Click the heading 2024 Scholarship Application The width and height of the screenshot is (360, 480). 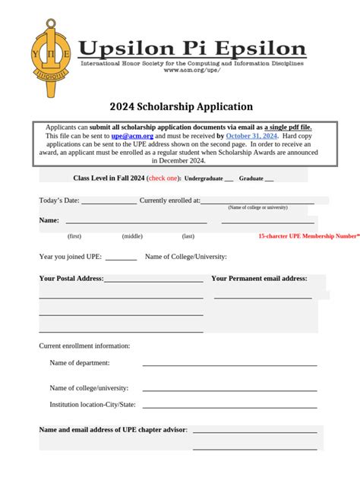(179, 107)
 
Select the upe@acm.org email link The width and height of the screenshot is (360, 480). (132, 136)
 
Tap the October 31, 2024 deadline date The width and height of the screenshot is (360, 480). (251, 136)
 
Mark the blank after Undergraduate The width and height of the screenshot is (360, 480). (229, 179)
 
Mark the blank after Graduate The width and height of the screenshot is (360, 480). (269, 179)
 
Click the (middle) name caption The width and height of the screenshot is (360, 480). (132, 236)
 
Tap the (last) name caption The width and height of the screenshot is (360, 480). (188, 236)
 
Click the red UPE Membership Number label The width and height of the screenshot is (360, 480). (308, 236)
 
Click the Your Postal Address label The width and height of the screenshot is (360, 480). (71, 279)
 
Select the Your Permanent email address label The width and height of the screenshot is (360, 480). (259, 279)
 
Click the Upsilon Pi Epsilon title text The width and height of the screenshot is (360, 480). (193, 48)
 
